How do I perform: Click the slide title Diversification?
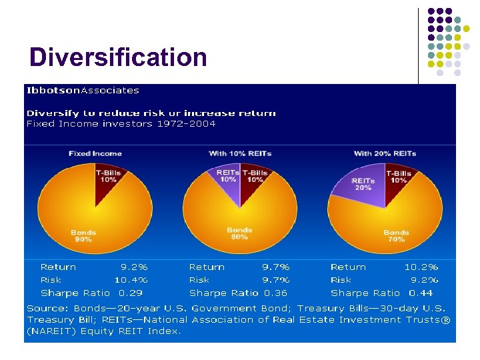tap(118, 57)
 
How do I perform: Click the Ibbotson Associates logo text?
tap(83, 90)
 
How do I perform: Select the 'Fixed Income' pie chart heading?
tap(95, 153)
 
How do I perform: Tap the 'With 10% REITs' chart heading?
tap(240, 153)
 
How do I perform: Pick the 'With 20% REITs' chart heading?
tap(385, 153)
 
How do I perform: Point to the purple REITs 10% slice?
tap(229, 177)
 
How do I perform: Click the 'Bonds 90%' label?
tap(83, 235)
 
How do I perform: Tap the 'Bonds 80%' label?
tap(239, 233)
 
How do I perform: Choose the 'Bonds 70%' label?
tap(396, 235)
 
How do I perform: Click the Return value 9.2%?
tap(133, 267)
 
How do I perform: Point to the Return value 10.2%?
tap(421, 267)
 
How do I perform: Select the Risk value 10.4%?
tap(131, 280)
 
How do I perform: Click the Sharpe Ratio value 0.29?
tap(130, 293)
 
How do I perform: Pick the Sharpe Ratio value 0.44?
tap(421, 293)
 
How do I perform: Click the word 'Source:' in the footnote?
tap(48, 309)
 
